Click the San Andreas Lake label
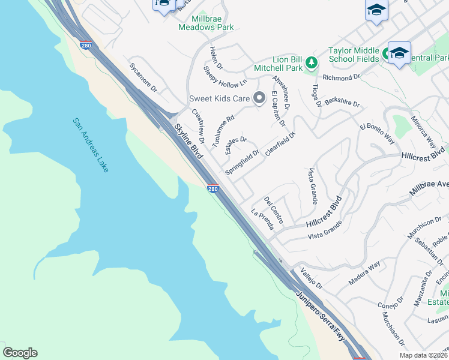tap(91, 145)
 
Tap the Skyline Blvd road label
tap(189, 142)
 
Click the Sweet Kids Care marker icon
tap(259, 97)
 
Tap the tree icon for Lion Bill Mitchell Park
tap(311, 62)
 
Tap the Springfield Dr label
tap(242, 162)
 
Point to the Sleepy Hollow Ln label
tap(225, 76)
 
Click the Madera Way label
tap(364, 273)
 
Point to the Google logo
tap(20, 353)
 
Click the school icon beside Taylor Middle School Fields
tap(399, 53)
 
